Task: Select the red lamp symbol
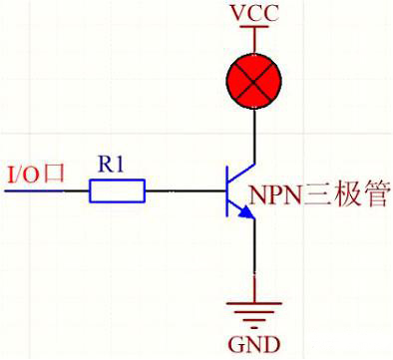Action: (257, 78)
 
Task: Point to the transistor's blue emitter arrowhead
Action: (245, 212)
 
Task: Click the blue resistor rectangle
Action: (118, 190)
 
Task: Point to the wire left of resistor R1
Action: (50, 190)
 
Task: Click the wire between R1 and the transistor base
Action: (185, 190)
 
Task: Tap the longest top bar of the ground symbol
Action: (256, 301)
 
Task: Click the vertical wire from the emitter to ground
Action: (257, 259)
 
